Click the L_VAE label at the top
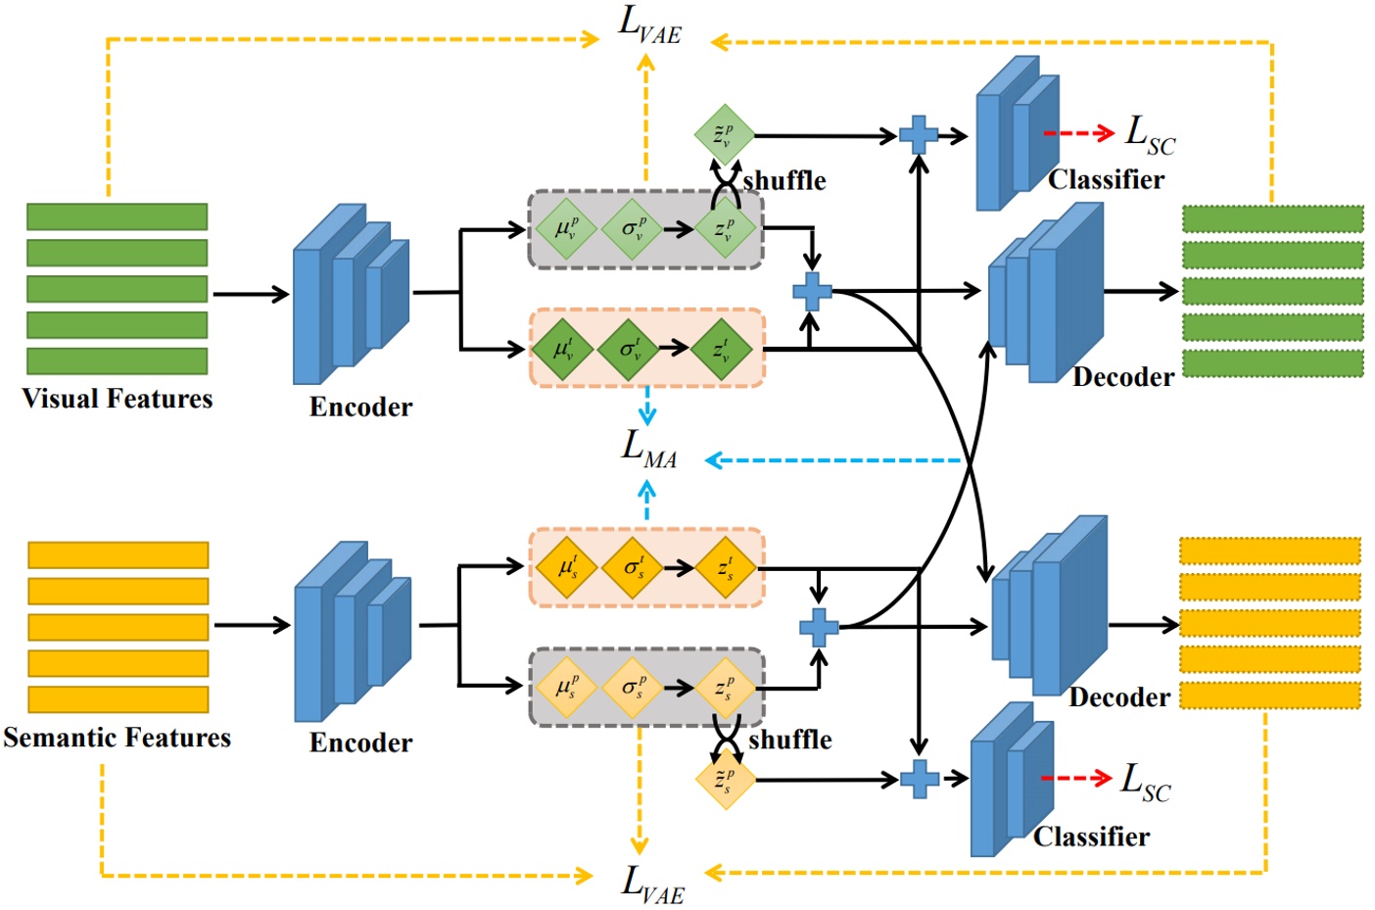click(649, 24)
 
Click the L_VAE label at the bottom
click(652, 884)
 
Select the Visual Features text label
click(118, 399)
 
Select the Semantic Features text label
click(117, 738)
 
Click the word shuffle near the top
click(784, 181)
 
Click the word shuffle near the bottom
click(790, 740)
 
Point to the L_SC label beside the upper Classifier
click(1150, 134)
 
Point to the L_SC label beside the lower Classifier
click(1145, 783)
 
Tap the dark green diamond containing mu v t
click(564, 349)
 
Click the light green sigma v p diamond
click(633, 230)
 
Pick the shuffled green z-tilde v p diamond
click(724, 135)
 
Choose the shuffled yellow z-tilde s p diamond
click(726, 780)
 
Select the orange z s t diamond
click(726, 567)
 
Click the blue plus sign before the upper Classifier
click(918, 135)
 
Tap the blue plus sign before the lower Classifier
click(919, 779)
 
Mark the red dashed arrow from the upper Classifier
click(1077, 133)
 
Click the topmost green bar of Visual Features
click(118, 216)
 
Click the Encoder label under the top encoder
click(360, 407)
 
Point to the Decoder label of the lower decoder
click(1119, 697)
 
